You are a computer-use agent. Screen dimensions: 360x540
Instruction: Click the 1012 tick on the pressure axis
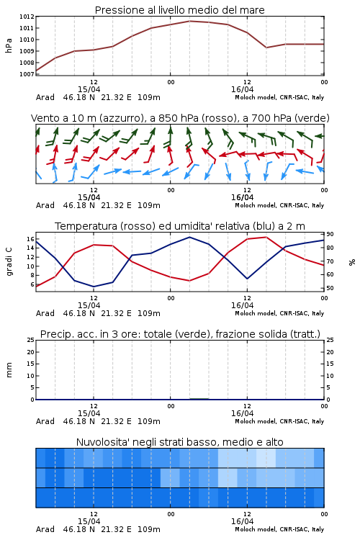(27, 17)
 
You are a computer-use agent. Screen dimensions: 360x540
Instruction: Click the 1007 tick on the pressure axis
(27, 74)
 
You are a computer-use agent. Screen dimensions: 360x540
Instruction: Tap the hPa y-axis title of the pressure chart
(9, 45)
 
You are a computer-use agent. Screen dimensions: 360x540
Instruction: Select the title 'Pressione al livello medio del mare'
(180, 10)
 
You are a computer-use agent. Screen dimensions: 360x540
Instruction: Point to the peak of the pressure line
(190, 21)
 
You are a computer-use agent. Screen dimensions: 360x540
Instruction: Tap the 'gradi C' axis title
(9, 262)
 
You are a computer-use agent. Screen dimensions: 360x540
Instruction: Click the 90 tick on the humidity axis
(330, 234)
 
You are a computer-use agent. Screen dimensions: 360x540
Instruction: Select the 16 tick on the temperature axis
(30, 239)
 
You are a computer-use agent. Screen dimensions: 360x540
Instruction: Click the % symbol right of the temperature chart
(352, 262)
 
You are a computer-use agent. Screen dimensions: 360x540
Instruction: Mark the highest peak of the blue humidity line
(189, 237)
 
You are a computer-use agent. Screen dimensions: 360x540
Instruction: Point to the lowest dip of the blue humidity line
(94, 287)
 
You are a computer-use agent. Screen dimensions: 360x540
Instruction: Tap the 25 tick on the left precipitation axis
(30, 340)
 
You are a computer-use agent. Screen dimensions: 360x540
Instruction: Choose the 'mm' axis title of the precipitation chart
(9, 370)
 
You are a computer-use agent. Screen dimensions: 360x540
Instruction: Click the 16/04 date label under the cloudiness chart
(242, 521)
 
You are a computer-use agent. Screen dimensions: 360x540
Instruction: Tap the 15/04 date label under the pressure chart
(89, 89)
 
